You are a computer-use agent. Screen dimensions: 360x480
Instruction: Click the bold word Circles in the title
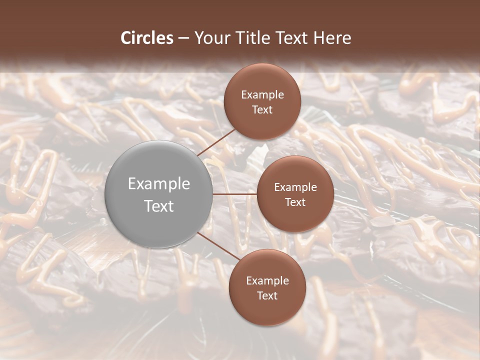click(147, 38)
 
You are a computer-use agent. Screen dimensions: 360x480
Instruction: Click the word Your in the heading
click(210, 38)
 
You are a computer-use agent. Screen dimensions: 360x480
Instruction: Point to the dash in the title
click(183, 38)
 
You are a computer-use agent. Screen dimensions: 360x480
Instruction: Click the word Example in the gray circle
click(159, 184)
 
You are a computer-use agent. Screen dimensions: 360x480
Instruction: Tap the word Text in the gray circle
click(159, 206)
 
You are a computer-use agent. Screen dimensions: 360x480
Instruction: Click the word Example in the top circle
click(262, 95)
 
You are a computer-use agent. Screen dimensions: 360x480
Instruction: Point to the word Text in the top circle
click(262, 109)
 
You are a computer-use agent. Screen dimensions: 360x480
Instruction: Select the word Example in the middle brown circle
click(295, 187)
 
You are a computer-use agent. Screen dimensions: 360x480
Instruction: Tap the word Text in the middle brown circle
click(295, 202)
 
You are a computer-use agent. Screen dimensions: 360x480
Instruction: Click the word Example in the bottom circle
click(267, 281)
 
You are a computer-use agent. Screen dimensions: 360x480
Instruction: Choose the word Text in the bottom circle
click(267, 295)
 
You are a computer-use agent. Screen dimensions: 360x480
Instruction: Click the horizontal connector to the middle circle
click(234, 194)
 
